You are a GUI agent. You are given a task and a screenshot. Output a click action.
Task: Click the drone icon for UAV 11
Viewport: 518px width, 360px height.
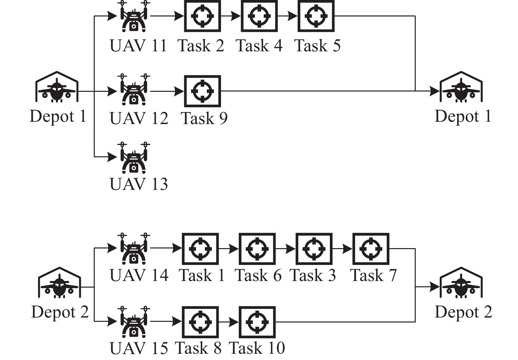[x=134, y=16]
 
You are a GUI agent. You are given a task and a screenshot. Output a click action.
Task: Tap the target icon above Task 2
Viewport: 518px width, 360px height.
[x=202, y=16]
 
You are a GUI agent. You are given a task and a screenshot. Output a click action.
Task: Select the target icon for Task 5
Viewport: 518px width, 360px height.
[x=316, y=16]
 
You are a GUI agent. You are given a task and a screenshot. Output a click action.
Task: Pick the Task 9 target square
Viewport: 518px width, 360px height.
[x=202, y=91]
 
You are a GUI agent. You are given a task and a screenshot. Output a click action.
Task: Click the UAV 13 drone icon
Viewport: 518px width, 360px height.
[x=134, y=158]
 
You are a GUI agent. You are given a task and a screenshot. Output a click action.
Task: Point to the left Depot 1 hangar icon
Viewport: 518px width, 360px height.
[x=57, y=87]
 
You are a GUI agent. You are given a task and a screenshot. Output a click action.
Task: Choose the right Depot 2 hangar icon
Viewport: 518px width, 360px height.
[x=461, y=283]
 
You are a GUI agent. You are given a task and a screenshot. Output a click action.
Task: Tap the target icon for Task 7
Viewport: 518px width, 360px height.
[x=371, y=249]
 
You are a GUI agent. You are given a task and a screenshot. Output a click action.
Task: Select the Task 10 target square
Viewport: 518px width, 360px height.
[x=257, y=322]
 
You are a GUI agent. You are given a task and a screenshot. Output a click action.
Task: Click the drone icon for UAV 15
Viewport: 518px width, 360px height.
[x=134, y=322]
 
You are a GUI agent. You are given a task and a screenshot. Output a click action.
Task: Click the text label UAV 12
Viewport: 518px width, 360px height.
[x=139, y=118]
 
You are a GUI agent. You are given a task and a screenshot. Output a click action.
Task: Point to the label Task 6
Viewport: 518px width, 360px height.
[x=258, y=275]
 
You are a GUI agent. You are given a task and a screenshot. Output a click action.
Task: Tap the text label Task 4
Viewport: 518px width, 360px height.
[x=259, y=46]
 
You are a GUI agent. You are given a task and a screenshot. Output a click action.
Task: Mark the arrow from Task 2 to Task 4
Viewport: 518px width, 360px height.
[x=231, y=16]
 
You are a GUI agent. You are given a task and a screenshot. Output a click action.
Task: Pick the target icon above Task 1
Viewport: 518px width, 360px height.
[x=200, y=249]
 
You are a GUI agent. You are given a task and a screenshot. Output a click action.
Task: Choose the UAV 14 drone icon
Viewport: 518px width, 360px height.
[x=134, y=249]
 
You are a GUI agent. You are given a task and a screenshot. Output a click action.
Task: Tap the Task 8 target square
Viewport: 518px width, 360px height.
[x=200, y=322]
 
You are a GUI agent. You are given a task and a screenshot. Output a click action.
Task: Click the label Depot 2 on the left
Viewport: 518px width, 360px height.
[x=60, y=312]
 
